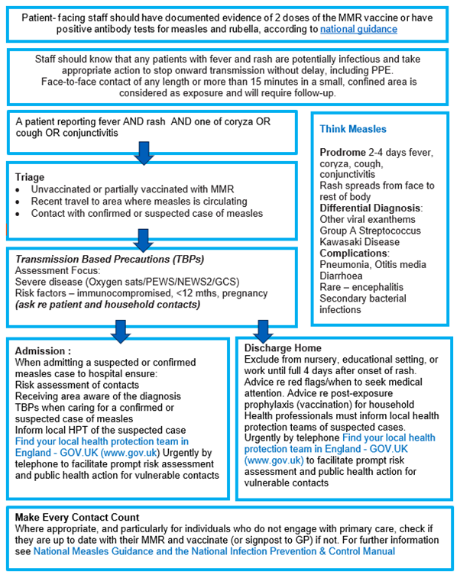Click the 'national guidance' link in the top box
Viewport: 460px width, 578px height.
pyautogui.click(x=358, y=29)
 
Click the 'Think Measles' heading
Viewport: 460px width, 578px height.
pyautogui.click(x=353, y=129)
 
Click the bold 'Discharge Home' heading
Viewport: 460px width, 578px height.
pyautogui.click(x=282, y=348)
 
